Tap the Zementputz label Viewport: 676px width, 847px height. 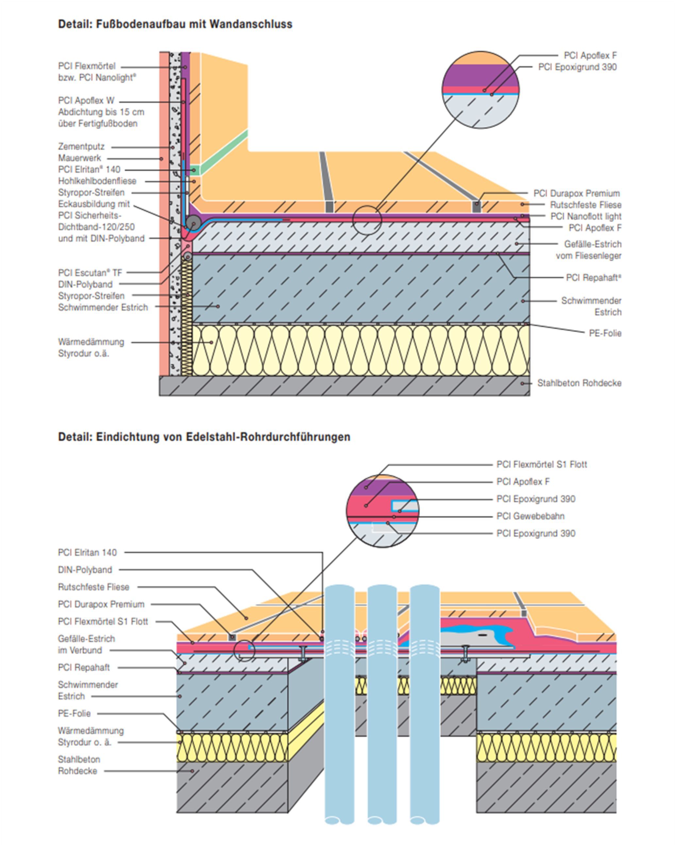click(81, 147)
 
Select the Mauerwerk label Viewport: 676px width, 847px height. click(80, 158)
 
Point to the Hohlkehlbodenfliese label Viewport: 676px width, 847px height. click(97, 181)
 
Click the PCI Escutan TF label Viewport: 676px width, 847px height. click(90, 273)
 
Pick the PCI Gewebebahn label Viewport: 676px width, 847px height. click(530, 516)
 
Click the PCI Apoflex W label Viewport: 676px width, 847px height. click(86, 101)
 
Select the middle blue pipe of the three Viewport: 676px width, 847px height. click(382, 707)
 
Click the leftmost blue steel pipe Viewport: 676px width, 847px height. click(339, 707)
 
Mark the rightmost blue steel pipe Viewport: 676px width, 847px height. click(424, 707)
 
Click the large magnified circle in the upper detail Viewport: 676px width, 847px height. click(481, 90)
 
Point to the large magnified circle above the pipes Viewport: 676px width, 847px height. click(383, 511)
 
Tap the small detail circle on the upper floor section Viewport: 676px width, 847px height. click(367, 220)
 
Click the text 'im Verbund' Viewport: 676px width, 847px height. click(80, 650)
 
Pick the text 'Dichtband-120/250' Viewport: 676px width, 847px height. click(96, 227)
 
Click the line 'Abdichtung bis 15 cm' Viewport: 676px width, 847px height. click(101, 112)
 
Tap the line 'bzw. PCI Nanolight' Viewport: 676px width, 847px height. click(97, 78)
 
